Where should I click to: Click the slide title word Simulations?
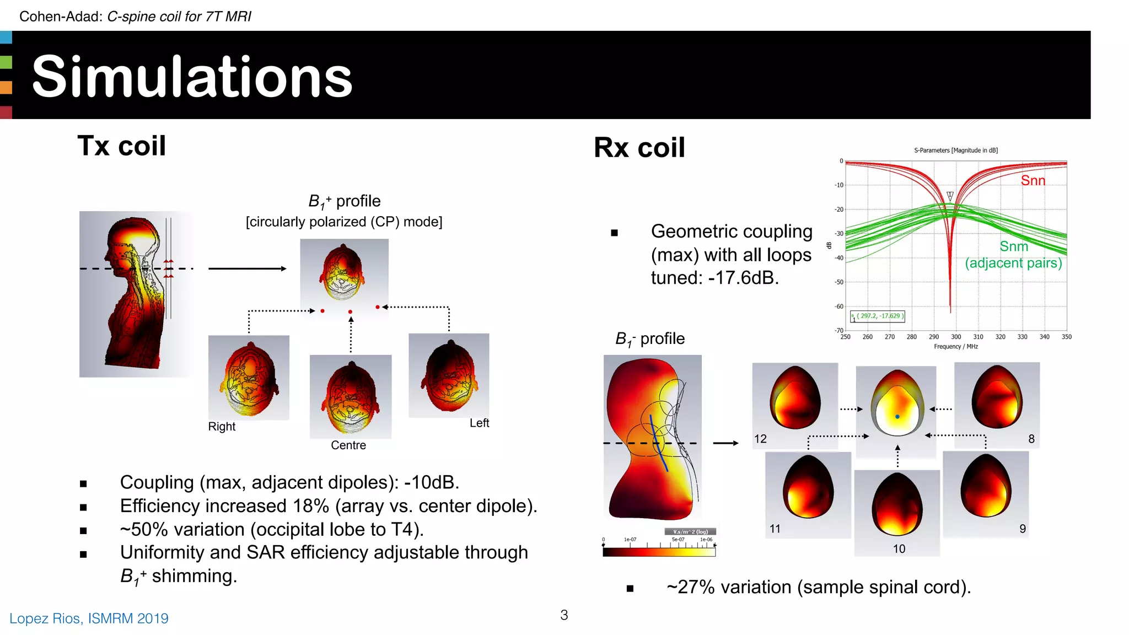click(x=192, y=77)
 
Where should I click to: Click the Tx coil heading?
click(x=121, y=146)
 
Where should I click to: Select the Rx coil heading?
click(x=639, y=148)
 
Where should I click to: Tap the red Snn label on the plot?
click(x=1033, y=181)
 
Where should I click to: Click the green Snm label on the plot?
click(x=1014, y=246)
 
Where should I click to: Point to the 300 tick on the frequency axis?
click(x=956, y=337)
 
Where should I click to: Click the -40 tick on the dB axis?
click(x=838, y=258)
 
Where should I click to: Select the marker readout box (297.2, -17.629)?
click(x=878, y=316)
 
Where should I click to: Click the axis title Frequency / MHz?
click(x=955, y=347)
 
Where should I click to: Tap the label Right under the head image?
click(x=222, y=427)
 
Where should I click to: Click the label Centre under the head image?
click(x=348, y=445)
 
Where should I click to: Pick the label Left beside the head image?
click(x=479, y=423)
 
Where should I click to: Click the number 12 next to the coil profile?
click(x=760, y=439)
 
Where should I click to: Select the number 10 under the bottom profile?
click(x=899, y=549)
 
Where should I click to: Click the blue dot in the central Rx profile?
click(x=897, y=417)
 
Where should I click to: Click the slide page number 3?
click(x=564, y=615)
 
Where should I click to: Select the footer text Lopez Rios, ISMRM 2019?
click(x=89, y=618)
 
